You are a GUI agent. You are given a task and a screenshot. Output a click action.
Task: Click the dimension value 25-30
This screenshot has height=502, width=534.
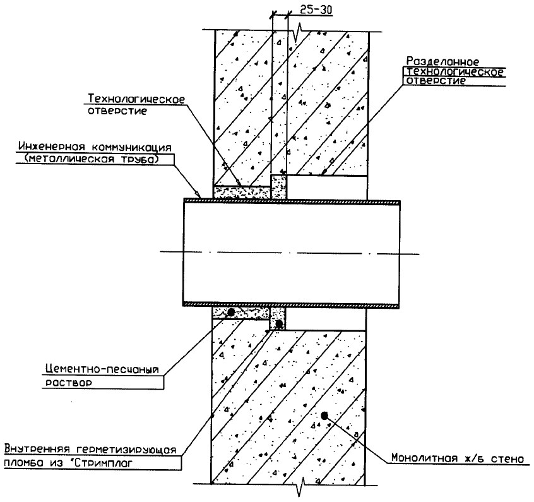click(x=316, y=10)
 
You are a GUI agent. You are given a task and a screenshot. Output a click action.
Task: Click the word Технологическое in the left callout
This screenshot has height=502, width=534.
click(x=136, y=99)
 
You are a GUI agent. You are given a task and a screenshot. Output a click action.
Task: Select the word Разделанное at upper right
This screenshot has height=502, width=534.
click(x=442, y=61)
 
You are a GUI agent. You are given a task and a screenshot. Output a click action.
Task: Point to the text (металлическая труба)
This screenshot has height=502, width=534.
click(x=92, y=159)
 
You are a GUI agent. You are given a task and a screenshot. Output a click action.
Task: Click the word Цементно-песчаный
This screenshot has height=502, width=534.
click(x=102, y=369)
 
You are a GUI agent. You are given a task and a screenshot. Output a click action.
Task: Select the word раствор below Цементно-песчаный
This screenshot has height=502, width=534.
click(x=68, y=383)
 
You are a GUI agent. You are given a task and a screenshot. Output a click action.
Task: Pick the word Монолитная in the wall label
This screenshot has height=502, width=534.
click(x=424, y=458)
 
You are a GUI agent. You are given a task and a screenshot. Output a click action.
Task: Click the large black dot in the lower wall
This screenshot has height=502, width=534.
click(x=324, y=415)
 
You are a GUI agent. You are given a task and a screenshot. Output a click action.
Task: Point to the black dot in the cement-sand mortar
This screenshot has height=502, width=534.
click(x=231, y=312)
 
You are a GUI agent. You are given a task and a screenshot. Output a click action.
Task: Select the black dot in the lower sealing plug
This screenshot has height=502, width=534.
click(x=279, y=323)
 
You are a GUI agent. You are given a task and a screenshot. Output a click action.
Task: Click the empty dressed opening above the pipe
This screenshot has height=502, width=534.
click(x=326, y=188)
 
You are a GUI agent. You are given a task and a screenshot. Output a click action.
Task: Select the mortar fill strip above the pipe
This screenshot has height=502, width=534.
click(x=242, y=193)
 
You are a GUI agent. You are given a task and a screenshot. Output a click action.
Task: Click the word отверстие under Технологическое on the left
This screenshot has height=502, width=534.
click(x=117, y=111)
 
